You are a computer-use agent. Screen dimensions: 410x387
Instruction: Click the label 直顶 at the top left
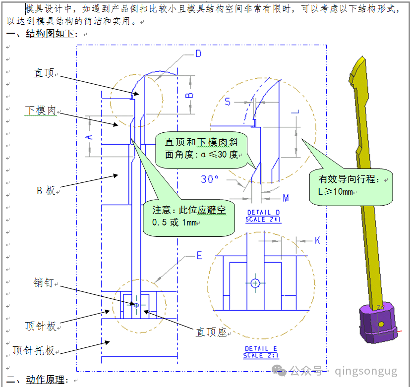click(x=44, y=73)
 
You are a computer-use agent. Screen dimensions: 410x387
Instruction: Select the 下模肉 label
click(x=41, y=111)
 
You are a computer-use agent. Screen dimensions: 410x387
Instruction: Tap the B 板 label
click(x=46, y=190)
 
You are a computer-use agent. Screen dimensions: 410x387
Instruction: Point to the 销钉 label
click(x=44, y=282)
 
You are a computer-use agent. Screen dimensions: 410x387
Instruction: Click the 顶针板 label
click(x=41, y=326)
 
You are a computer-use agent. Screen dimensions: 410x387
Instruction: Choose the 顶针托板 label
click(x=34, y=350)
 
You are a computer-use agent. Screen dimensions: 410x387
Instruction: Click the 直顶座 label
click(x=211, y=332)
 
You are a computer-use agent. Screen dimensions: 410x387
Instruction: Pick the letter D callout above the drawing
click(x=198, y=54)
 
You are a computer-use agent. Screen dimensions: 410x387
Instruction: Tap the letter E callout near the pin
click(x=199, y=256)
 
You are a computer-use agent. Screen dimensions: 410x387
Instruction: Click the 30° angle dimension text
click(x=209, y=179)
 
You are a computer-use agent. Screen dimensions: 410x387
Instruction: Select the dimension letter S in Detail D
click(x=228, y=102)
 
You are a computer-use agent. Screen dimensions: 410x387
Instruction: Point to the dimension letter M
click(x=286, y=198)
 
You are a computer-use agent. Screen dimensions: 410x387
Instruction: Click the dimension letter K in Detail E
click(x=317, y=240)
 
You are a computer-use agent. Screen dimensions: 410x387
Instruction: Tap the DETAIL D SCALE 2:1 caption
click(x=263, y=216)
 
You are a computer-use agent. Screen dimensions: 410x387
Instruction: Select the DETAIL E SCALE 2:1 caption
click(x=261, y=352)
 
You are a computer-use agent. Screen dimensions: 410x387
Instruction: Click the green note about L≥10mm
click(x=351, y=187)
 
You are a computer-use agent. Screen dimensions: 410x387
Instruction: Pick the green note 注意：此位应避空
click(x=189, y=218)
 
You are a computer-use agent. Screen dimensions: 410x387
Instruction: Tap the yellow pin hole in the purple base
click(x=381, y=324)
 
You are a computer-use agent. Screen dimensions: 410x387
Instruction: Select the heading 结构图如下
click(x=50, y=34)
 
